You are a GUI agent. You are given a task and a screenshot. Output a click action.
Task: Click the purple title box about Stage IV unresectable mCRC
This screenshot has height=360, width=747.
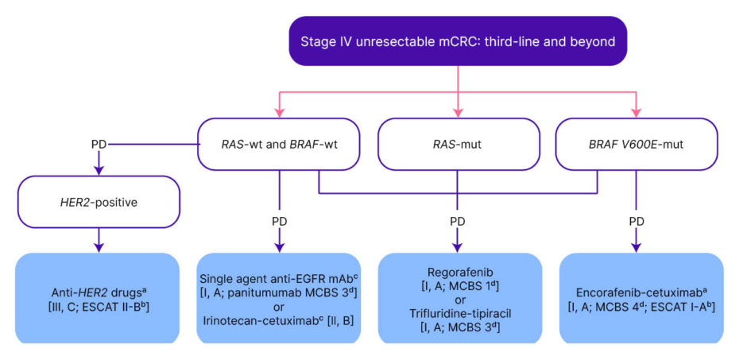(x=458, y=41)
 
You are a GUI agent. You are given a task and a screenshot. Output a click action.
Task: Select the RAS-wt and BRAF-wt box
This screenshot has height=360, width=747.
(x=279, y=144)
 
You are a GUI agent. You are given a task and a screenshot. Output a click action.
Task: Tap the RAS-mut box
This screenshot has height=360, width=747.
(x=457, y=144)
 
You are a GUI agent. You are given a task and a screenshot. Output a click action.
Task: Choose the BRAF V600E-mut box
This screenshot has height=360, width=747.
(x=635, y=144)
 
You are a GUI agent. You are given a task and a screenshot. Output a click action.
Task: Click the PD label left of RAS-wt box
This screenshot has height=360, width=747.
(x=99, y=145)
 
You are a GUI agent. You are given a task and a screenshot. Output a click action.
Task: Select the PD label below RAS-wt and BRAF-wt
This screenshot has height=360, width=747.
(x=279, y=220)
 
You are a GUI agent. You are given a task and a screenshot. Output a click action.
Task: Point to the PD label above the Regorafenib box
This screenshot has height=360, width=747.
(x=457, y=220)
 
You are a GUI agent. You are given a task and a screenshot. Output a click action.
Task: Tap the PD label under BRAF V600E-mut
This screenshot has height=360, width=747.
(x=636, y=220)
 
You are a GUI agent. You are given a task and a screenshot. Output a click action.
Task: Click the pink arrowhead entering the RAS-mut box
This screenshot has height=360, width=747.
(x=458, y=114)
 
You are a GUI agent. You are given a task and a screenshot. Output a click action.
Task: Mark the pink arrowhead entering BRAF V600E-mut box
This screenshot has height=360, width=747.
(x=636, y=114)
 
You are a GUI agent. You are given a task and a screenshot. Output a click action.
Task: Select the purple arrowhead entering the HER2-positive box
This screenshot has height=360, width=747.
(x=98, y=171)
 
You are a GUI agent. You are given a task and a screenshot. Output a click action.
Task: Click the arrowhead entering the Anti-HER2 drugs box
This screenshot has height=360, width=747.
(x=98, y=248)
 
